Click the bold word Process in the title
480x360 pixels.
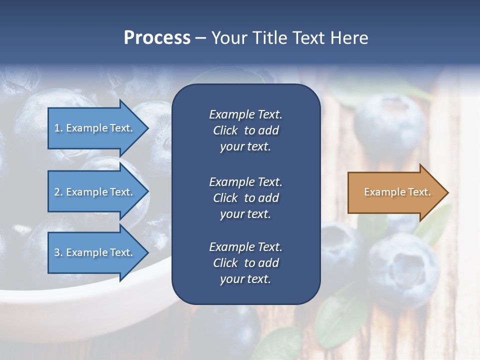[157, 38]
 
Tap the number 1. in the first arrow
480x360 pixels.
[58, 128]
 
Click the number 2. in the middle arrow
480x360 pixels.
[58, 192]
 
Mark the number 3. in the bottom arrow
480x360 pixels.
[58, 252]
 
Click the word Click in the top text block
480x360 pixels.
[225, 130]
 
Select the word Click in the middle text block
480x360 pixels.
[225, 198]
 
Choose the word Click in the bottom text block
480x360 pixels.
[225, 263]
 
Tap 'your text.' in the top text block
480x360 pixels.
[245, 146]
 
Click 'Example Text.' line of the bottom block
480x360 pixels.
[245, 247]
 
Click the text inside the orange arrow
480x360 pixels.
[397, 192]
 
